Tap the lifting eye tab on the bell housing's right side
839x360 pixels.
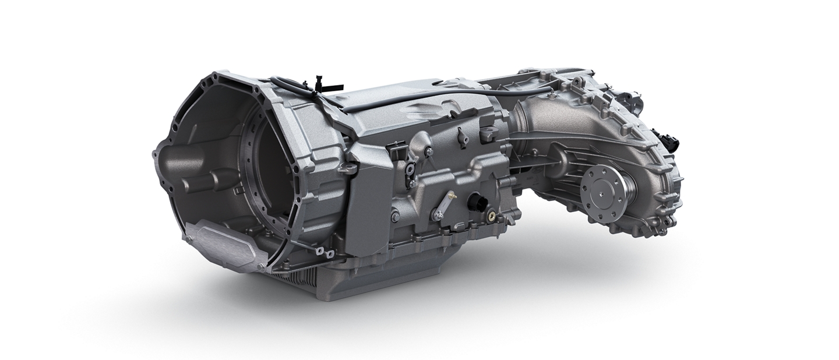click(x=348, y=169)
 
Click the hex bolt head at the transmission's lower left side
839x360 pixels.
click(x=396, y=217)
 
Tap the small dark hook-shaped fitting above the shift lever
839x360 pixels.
click(x=461, y=137)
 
